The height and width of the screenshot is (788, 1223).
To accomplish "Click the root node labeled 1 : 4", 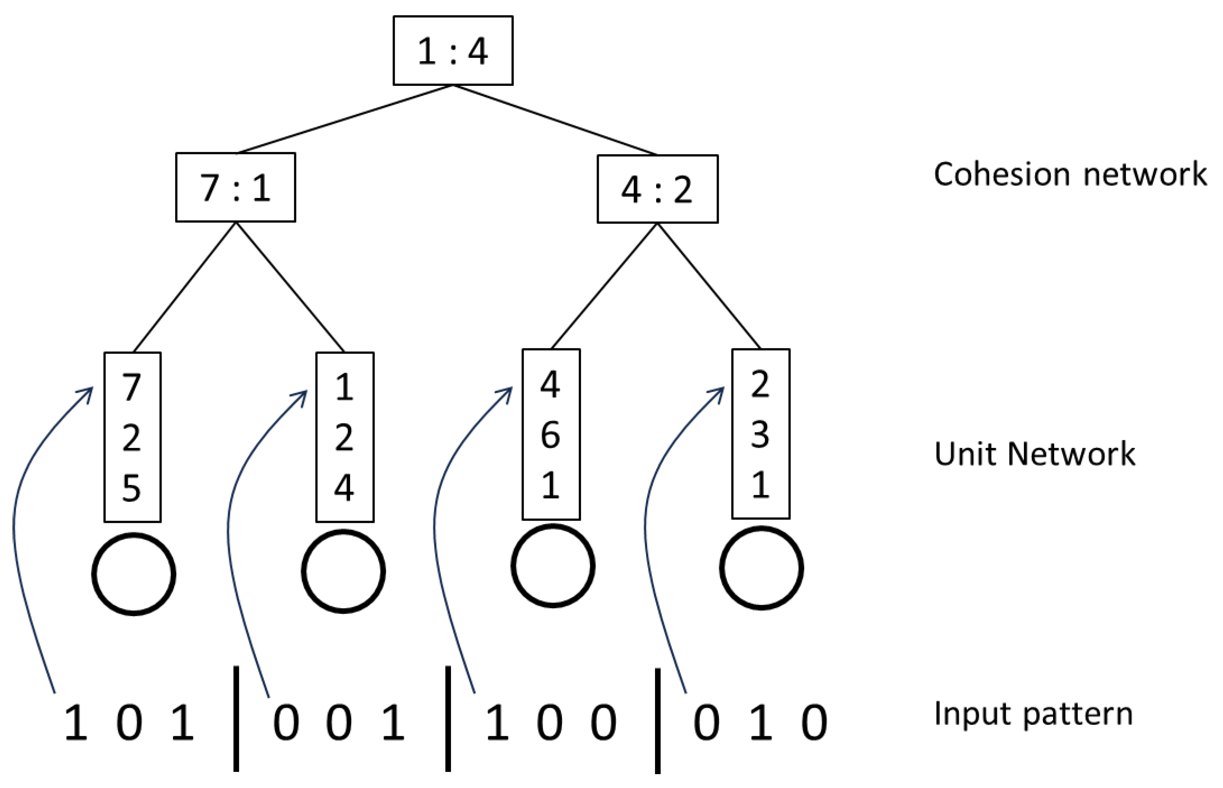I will point(453,51).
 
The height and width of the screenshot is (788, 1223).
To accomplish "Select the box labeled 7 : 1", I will point(235,187).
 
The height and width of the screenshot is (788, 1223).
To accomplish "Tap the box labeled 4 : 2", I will point(658,189).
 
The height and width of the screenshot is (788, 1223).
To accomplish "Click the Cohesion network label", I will point(1070,174).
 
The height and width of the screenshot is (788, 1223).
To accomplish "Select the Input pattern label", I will point(1033,713).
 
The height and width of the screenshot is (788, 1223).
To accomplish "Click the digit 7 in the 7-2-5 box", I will point(132,387).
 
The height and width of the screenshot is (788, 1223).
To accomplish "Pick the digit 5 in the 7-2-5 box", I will point(132,488).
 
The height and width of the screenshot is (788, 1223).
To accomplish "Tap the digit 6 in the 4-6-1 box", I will point(551,435).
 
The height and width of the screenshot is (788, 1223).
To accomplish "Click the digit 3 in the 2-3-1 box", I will point(760,434).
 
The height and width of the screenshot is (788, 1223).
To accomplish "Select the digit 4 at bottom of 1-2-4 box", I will point(344,488).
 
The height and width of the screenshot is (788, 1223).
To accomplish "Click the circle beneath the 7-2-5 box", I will point(134,573).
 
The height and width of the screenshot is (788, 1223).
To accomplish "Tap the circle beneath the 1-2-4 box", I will point(343,571).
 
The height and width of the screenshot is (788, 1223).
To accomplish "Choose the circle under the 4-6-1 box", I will point(553,566).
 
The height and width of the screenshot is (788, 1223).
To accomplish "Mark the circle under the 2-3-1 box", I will point(762,568).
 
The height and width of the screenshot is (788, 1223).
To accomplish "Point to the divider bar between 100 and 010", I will point(658,720).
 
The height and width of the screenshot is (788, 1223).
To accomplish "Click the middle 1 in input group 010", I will point(760,722).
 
